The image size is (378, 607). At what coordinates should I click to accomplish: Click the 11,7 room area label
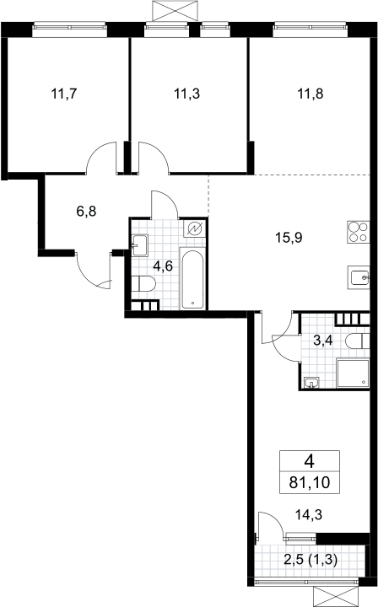click(x=64, y=94)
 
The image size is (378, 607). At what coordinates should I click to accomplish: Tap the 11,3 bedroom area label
click(x=187, y=94)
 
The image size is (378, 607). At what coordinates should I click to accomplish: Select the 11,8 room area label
click(x=310, y=94)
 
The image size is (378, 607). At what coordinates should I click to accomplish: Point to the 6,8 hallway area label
click(x=86, y=212)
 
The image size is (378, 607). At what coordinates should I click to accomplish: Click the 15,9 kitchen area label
click(x=289, y=237)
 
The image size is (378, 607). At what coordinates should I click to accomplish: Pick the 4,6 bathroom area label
click(x=163, y=266)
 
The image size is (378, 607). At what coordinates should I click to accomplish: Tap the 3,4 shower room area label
click(x=323, y=341)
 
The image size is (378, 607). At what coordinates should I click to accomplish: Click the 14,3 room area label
click(x=309, y=515)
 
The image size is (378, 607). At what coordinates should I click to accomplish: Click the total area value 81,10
click(x=310, y=483)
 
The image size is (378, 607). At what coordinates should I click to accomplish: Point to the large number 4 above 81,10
click(x=310, y=462)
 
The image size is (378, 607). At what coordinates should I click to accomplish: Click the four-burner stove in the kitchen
click(x=359, y=232)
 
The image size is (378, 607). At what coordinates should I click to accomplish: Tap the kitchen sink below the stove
click(x=359, y=277)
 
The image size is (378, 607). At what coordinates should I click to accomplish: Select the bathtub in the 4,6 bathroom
click(x=192, y=279)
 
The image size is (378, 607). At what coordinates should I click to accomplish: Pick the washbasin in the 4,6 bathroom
click(x=140, y=245)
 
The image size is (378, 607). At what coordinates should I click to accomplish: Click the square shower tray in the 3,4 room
click(x=353, y=373)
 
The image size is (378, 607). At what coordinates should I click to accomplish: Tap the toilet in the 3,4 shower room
click(x=357, y=341)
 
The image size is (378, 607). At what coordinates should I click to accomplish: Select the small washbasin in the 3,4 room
click(x=312, y=383)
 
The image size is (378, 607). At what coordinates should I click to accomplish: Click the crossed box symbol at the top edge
click(x=175, y=11)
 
